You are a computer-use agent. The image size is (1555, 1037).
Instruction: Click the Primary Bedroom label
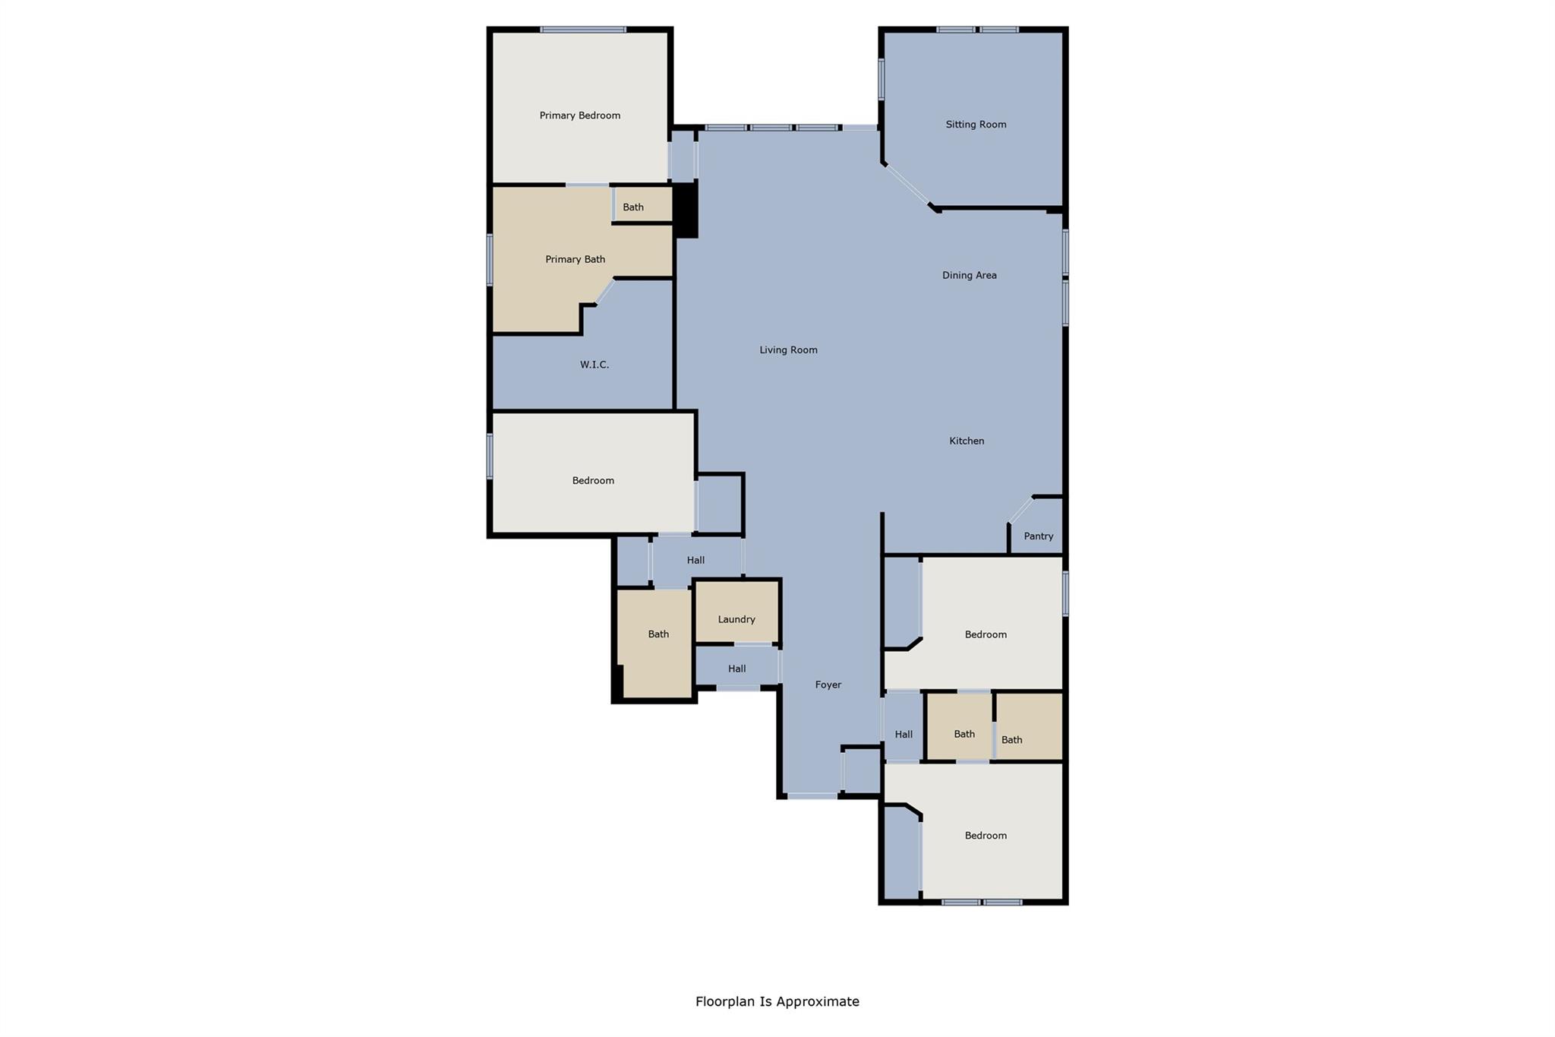pos(579,115)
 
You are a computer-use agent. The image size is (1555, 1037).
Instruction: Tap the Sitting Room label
pos(976,125)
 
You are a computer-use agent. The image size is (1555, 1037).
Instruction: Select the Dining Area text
pos(969,275)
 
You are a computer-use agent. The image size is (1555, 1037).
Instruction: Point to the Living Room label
pos(788,350)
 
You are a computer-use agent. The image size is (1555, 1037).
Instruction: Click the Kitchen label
pos(966,441)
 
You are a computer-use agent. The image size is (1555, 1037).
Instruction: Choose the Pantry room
pos(1038,536)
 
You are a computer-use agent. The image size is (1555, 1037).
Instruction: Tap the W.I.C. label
pos(594,365)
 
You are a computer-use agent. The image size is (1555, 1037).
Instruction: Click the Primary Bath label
pos(575,259)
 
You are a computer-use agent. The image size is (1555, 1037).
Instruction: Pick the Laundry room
pos(736,618)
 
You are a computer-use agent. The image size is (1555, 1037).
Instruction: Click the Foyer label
pos(828,684)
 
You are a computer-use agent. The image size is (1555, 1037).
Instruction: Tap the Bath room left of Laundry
pos(658,634)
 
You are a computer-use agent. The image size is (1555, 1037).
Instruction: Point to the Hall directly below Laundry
pos(736,669)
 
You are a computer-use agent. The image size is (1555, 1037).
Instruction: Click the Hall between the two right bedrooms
pos(903,734)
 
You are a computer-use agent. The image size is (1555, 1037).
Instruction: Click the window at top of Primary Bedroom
pos(583,30)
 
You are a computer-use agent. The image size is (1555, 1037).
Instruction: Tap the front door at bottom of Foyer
pos(812,795)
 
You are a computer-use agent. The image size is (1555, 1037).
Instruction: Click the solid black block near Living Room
pos(685,211)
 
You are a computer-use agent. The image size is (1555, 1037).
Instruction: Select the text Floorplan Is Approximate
pos(777,1001)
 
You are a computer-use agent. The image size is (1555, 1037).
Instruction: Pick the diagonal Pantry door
pos(1020,510)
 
